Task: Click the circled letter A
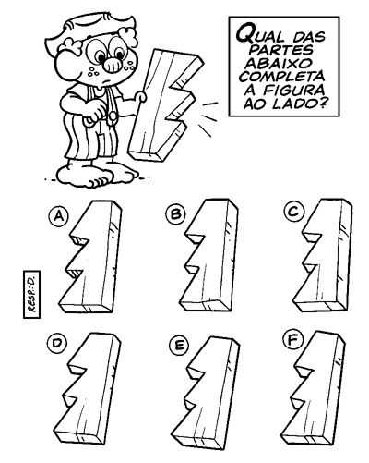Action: tap(58, 217)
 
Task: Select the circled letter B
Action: tap(175, 213)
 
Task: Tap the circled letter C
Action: tap(294, 212)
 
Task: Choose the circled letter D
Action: tap(57, 343)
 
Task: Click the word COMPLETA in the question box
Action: tap(282, 77)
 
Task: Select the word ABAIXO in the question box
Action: tap(274, 63)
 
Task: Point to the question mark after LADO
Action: tap(321, 104)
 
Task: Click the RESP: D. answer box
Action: tap(31, 294)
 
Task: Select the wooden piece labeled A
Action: tap(90, 257)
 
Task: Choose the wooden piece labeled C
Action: tap(324, 255)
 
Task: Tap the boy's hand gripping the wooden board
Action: tap(141, 96)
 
